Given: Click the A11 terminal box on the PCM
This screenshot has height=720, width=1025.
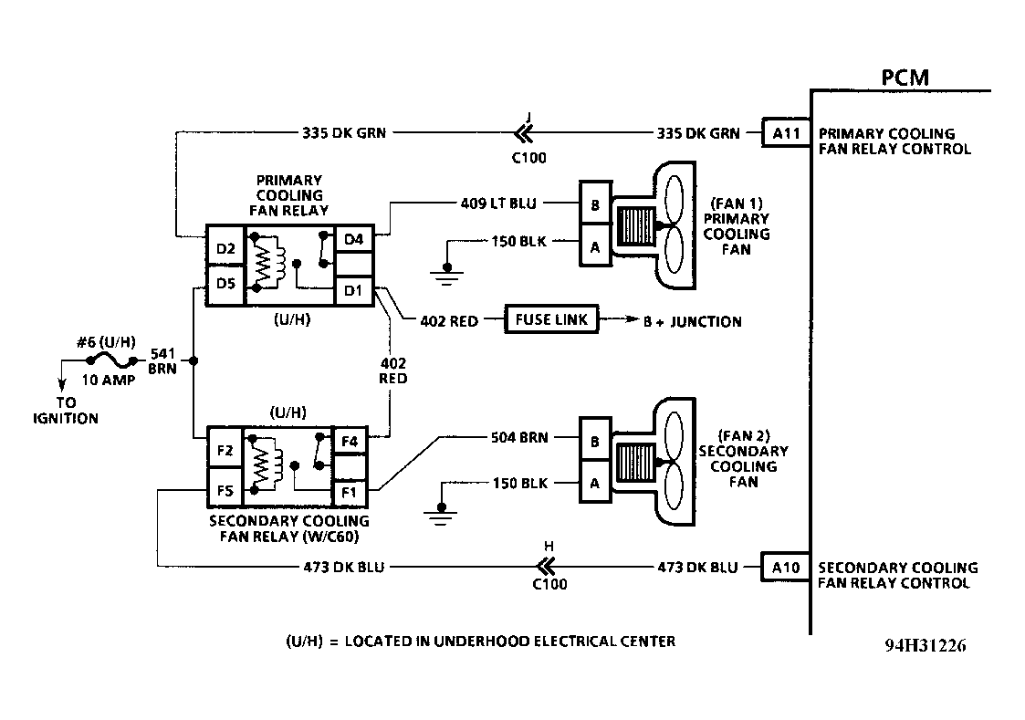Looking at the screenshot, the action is pyautogui.click(x=787, y=133).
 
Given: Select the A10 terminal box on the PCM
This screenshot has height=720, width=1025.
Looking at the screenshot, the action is pyautogui.click(x=787, y=567).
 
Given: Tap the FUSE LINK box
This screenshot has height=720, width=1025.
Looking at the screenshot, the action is pyautogui.click(x=551, y=319).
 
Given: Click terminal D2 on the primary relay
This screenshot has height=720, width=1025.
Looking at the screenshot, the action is pyautogui.click(x=225, y=248).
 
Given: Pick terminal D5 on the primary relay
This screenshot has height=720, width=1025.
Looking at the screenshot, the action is pyautogui.click(x=225, y=284).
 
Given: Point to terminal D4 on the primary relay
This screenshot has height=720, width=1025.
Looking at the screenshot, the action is pyautogui.click(x=353, y=239).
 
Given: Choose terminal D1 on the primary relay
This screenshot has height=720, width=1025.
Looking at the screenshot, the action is pyautogui.click(x=353, y=291).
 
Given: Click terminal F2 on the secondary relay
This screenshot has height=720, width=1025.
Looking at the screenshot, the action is pyautogui.click(x=225, y=450).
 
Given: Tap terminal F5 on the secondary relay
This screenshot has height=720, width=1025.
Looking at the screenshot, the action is pyautogui.click(x=225, y=490).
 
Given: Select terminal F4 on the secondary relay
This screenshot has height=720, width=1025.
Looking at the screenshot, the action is pyautogui.click(x=350, y=441).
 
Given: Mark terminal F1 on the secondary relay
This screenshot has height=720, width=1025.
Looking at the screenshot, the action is pyautogui.click(x=350, y=492).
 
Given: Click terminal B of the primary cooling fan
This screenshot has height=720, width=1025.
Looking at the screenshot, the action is pyautogui.click(x=595, y=204).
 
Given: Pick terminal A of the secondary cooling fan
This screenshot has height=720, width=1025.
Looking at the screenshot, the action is pyautogui.click(x=595, y=483).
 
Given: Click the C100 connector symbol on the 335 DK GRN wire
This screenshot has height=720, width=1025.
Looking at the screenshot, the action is pyautogui.click(x=524, y=133).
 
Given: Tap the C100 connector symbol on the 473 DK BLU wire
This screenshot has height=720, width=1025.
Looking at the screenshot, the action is pyautogui.click(x=546, y=566).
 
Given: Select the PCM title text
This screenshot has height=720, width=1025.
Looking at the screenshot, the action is pyautogui.click(x=905, y=78).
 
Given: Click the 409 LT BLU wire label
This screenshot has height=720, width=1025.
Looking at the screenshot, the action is pyautogui.click(x=498, y=203).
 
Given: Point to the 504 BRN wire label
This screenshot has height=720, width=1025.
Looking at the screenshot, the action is pyautogui.click(x=519, y=437).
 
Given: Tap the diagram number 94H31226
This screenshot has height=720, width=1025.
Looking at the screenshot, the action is pyautogui.click(x=925, y=645).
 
